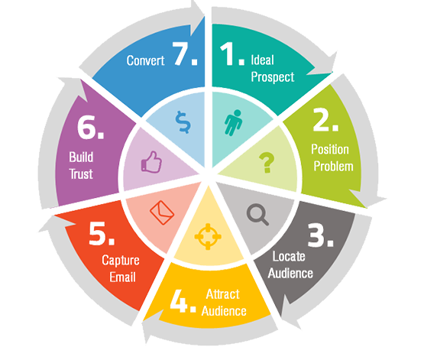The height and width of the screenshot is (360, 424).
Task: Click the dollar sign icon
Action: pos(183,122)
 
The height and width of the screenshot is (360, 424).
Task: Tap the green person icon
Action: pos(233,122)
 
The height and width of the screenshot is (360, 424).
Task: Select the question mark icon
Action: pos(267,163)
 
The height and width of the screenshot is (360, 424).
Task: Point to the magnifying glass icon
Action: pos(257,215)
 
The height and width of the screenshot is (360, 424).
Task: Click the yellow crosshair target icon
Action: pos(208,237)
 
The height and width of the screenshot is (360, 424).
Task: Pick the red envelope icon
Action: pos(162,212)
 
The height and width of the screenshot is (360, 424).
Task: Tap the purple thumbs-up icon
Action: pos(151,162)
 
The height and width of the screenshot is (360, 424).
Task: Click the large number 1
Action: pos(227,54)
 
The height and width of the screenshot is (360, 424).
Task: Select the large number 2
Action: pos(322,119)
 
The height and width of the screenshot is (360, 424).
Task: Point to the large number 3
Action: pos(316,235)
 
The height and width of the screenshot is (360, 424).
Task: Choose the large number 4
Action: pos(179,301)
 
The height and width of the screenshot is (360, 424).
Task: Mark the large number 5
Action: pos(97,233)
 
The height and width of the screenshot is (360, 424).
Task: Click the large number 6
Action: pos(86,127)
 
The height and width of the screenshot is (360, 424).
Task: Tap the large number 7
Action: pos(180,54)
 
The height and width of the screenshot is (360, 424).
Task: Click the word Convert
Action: pos(145,60)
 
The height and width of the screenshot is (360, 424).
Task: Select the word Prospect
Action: pos(272,77)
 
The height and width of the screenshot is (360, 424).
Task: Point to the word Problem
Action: pos(333,167)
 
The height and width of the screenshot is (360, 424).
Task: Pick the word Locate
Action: pos(289,256)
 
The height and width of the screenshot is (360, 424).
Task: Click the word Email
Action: pos(122,277)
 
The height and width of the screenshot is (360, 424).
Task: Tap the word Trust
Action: pos(81,174)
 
